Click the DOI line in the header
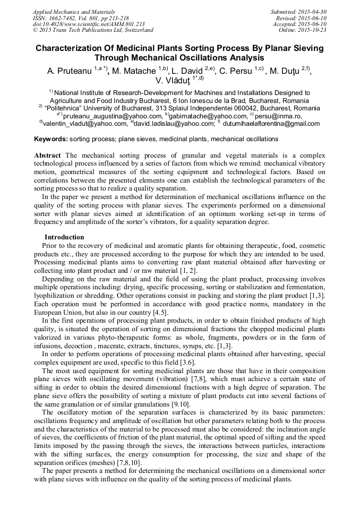[89, 24]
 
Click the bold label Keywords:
[51, 139]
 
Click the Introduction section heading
[64, 237]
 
